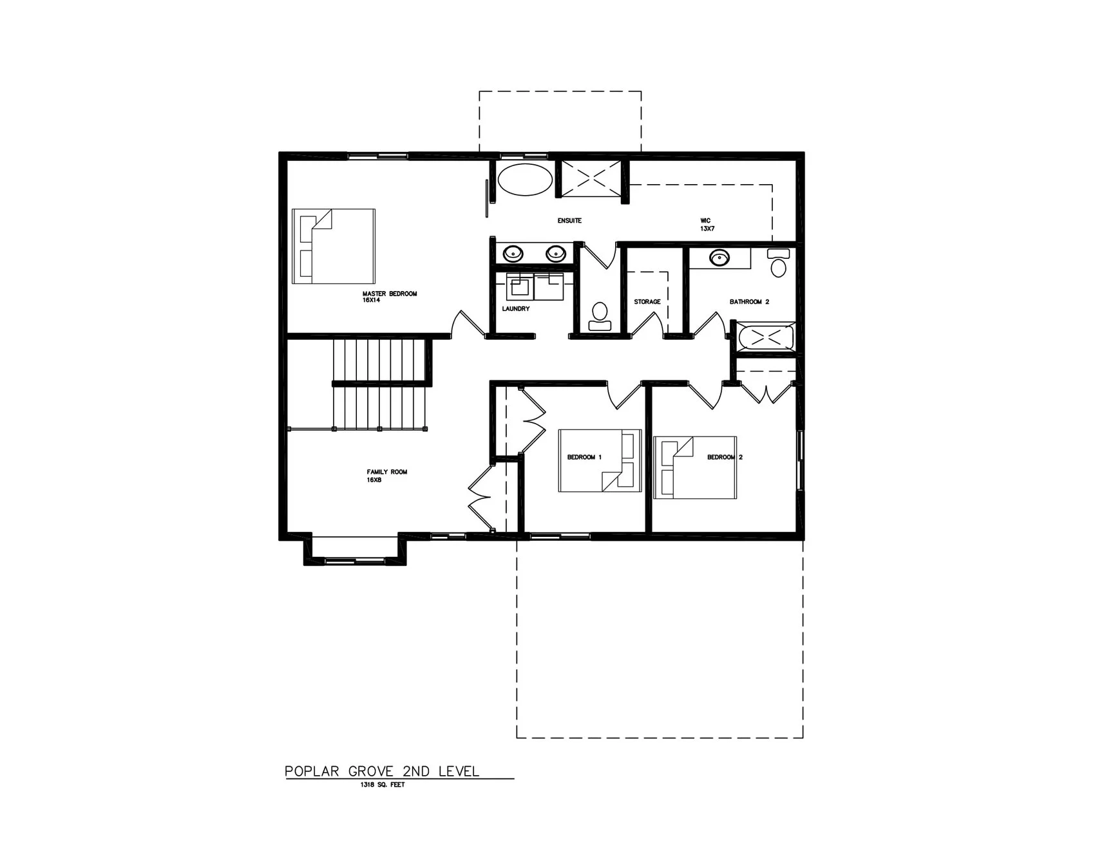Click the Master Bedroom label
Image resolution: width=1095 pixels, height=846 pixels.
[389, 296]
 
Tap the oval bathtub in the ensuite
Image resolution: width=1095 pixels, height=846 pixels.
[525, 179]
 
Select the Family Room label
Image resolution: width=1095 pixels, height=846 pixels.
[386, 475]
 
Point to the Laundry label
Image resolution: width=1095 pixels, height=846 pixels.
[515, 309]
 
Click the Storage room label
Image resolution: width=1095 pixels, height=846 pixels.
[647, 302]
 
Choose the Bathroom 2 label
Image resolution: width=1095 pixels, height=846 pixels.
[749, 302]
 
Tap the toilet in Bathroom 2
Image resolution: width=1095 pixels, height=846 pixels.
[779, 264]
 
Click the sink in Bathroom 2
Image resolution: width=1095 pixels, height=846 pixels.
[719, 258]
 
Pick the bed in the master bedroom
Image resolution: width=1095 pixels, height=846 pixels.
[333, 245]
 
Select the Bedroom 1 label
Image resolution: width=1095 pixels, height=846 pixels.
[584, 457]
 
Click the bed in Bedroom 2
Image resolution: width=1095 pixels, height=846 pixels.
[694, 467]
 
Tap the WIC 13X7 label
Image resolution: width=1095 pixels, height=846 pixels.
[708, 224]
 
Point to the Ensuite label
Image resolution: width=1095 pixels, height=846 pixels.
[569, 221]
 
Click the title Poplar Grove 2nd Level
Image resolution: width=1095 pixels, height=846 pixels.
[382, 771]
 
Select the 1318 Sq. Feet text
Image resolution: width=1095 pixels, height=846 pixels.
[383, 785]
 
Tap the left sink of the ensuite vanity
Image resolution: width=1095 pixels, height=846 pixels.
[513, 253]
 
